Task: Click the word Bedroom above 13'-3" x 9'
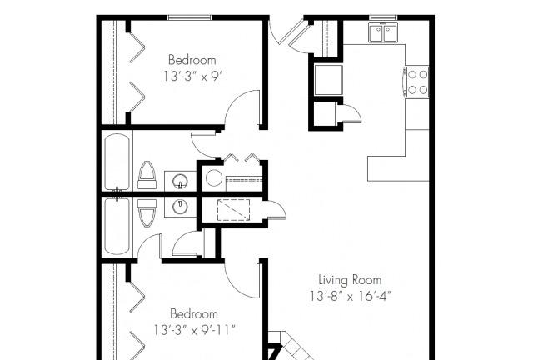[x=192, y=60]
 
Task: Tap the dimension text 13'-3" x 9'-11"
[x=194, y=330]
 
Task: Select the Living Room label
[x=350, y=280]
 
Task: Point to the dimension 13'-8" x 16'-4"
[x=351, y=296]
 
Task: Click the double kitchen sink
[x=383, y=32]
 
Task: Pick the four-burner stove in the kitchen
[x=416, y=82]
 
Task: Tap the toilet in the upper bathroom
[x=147, y=175]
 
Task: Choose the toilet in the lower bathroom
[x=147, y=213]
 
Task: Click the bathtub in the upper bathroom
[x=117, y=162]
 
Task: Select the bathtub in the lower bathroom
[x=117, y=227]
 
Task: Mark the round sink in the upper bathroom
[x=180, y=181]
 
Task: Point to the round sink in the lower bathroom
[x=180, y=207]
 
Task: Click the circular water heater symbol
[x=214, y=178]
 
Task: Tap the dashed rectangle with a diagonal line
[x=233, y=210]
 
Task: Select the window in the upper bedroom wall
[x=190, y=17]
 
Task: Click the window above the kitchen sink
[x=383, y=17]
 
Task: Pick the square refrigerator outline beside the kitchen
[x=328, y=80]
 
